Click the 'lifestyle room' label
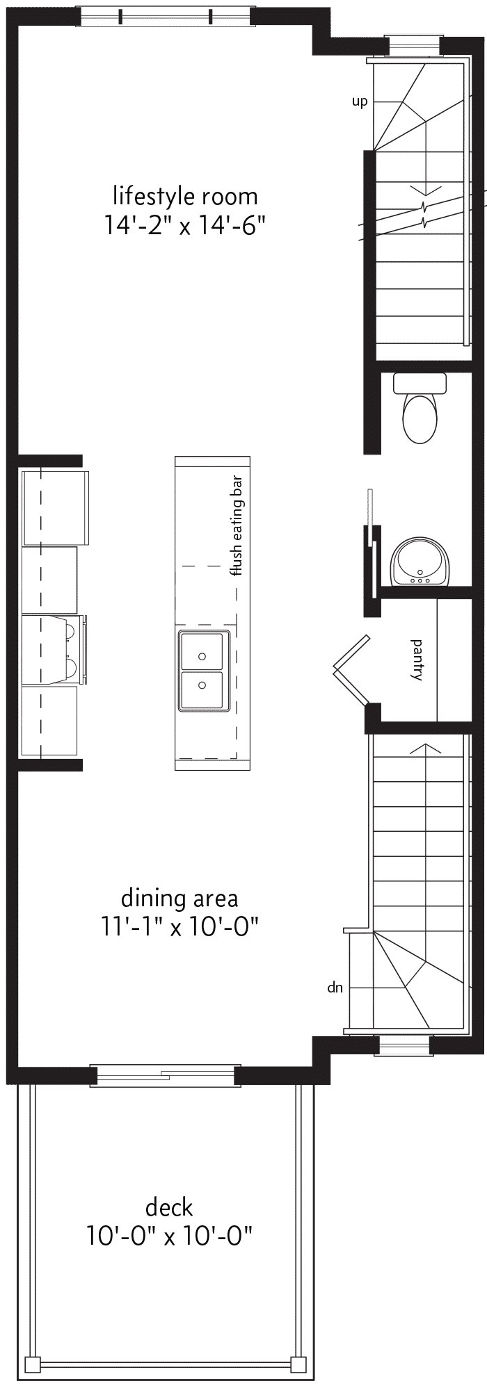[185, 197]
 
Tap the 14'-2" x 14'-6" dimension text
[186, 226]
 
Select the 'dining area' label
[179, 898]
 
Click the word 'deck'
[169, 1207]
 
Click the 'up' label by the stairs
[359, 102]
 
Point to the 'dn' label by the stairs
[335, 988]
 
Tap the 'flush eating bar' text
[237, 526]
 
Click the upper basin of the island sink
[202, 651]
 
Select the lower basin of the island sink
[202, 690]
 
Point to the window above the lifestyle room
[165, 17]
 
